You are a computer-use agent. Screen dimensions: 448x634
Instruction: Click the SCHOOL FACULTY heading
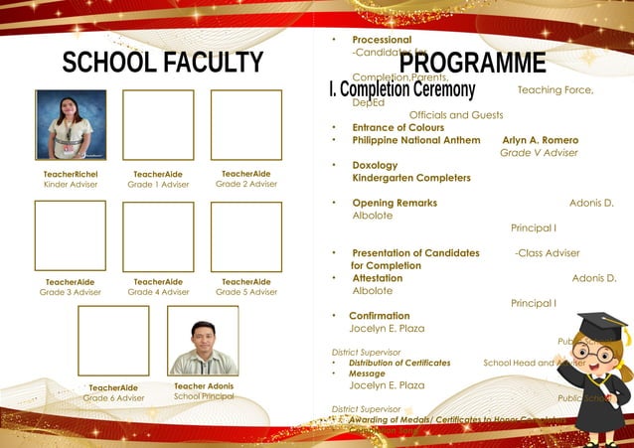163,63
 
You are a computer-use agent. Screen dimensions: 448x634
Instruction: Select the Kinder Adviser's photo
71,124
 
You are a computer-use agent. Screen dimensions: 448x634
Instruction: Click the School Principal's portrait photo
203,340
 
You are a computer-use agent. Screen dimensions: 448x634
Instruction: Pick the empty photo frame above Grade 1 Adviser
158,124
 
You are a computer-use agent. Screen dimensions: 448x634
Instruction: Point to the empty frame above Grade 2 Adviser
245,124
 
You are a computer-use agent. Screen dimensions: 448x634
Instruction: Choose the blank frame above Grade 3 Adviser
71,236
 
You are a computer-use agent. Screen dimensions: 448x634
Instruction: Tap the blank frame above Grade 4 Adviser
158,236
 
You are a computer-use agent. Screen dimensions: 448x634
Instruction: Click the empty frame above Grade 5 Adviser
245,236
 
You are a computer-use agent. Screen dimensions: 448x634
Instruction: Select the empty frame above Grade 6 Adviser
113,340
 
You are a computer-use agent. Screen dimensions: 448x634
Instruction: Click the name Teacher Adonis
204,385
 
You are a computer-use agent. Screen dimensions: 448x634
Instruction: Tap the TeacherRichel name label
71,174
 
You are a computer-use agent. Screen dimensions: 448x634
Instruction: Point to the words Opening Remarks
395,203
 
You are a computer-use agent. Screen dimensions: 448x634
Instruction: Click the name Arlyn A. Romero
540,140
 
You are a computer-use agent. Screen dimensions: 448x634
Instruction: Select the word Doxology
375,165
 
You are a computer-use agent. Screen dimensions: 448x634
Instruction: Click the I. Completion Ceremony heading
401,89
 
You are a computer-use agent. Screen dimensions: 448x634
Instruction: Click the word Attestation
378,278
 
